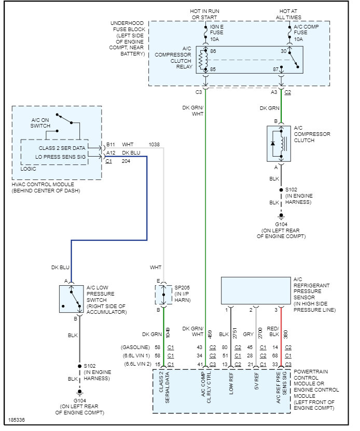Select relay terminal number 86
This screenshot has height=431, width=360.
click(213, 52)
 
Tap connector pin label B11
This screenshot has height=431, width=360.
click(110, 145)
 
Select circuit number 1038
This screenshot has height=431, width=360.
click(154, 145)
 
